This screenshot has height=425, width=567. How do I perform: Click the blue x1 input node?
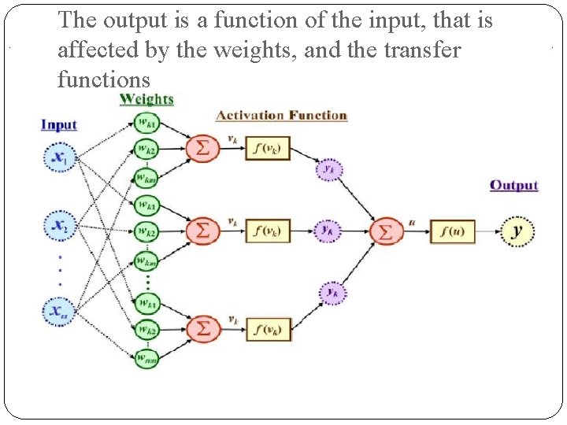point(58,157)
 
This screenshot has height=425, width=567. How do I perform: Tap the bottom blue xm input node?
point(58,312)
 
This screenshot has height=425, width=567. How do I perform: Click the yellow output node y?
point(517,231)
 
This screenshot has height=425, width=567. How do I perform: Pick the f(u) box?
point(452,231)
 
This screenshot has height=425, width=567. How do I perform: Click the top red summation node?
point(202,148)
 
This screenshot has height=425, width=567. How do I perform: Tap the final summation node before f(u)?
point(385,231)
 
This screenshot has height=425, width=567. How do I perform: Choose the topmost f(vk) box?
point(268,148)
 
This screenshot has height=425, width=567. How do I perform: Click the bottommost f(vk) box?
point(268,329)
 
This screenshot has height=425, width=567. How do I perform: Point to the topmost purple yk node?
point(329,168)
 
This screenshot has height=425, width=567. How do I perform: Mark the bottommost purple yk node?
point(332,293)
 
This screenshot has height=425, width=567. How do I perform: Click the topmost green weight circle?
point(146,124)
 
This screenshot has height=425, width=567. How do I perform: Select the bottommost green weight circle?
point(146,358)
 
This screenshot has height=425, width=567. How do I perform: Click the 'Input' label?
point(59,125)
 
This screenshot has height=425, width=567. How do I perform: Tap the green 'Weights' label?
point(146,99)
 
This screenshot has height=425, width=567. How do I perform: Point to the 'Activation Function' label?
point(281,116)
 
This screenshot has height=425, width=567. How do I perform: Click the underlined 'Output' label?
point(513,186)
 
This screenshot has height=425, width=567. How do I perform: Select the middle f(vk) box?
point(268,231)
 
